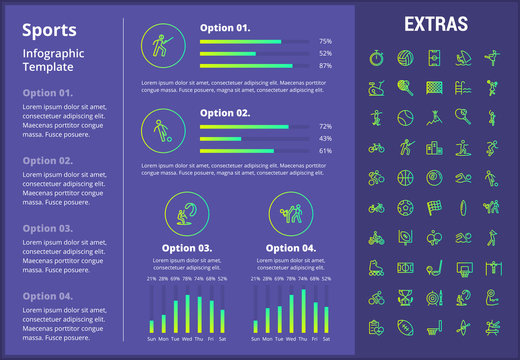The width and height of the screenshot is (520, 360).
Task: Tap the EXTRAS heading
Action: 432,23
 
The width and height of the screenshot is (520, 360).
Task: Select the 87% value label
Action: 325,65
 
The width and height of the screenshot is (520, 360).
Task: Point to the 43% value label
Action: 325,139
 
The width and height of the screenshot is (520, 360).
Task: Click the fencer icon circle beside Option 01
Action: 161,46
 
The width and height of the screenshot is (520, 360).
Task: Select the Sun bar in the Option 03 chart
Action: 152,325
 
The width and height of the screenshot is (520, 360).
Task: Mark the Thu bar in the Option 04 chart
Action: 303,311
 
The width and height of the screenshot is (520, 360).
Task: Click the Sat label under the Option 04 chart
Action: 326,339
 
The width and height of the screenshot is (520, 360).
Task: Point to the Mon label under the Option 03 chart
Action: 163,339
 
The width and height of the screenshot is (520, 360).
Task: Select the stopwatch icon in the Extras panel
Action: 376,57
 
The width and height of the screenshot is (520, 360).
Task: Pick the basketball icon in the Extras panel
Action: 405,179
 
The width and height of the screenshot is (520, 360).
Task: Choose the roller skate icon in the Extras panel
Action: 376,269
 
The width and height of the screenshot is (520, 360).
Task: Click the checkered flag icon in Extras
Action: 434,209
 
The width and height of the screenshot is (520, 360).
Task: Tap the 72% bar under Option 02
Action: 244,127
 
